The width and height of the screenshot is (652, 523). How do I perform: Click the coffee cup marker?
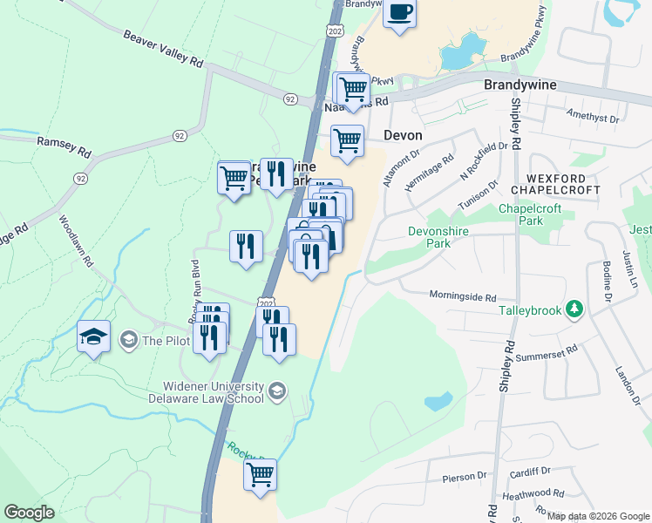(399, 13)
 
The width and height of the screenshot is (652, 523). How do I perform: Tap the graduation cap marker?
(93, 336)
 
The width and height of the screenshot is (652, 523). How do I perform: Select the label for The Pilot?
(165, 340)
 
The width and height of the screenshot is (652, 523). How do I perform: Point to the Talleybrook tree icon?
(574, 309)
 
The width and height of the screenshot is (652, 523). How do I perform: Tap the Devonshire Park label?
(430, 237)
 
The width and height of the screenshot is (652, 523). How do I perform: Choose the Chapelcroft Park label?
(533, 214)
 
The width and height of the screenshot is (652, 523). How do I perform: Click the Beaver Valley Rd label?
(163, 51)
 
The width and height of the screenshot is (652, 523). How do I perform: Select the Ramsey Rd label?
(64, 146)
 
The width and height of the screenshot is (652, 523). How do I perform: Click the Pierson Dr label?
(464, 477)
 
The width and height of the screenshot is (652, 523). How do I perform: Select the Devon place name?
(404, 136)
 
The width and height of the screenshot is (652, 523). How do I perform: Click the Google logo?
(30, 513)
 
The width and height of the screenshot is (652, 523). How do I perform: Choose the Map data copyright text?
(598, 516)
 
